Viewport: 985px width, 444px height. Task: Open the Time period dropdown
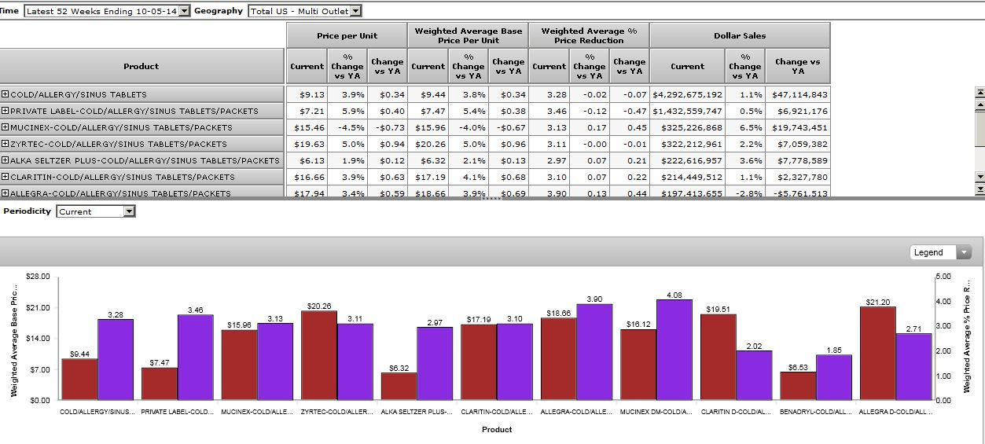(x=185, y=11)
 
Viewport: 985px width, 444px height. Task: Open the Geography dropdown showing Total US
(x=355, y=11)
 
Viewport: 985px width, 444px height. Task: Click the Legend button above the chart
(x=939, y=252)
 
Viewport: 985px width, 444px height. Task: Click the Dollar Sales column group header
(x=739, y=35)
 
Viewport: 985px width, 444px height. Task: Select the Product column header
(x=141, y=66)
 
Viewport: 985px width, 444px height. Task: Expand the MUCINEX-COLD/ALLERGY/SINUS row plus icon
(x=5, y=127)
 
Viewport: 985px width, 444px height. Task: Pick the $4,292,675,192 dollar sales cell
(x=687, y=94)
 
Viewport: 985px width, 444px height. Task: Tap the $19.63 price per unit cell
(x=307, y=144)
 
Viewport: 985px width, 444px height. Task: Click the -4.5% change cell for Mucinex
(x=347, y=127)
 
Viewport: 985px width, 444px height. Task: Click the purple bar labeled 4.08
(x=674, y=350)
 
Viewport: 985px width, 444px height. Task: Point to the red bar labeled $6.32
(x=399, y=386)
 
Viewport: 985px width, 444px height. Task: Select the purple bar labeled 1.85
(x=834, y=377)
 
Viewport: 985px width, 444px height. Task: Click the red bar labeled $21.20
(x=878, y=353)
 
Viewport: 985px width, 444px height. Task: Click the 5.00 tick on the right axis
(x=944, y=277)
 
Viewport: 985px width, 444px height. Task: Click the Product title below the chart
(x=497, y=429)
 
